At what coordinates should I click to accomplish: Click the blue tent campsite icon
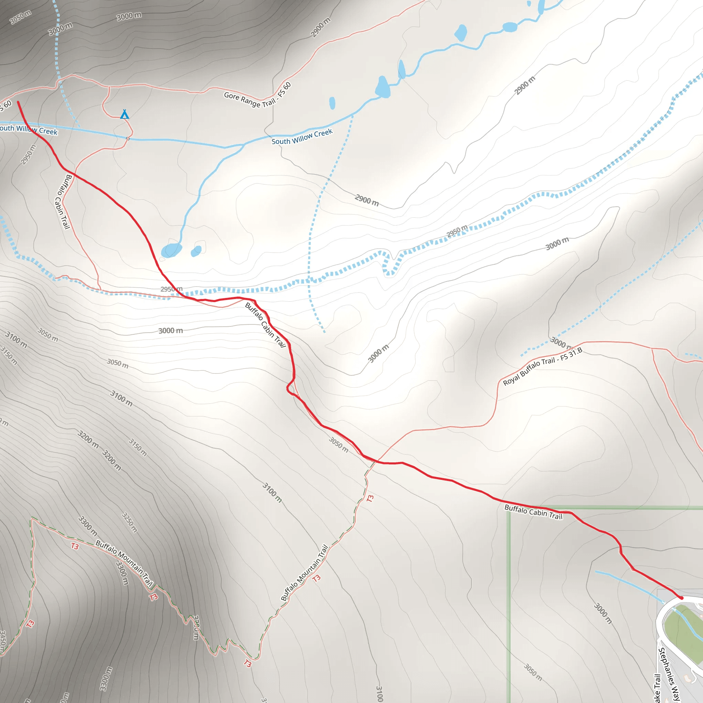click(x=125, y=114)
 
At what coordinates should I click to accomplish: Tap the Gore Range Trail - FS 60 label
click(x=257, y=95)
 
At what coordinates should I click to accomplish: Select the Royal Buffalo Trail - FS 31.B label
click(x=542, y=366)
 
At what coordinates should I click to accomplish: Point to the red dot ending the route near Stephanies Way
click(x=681, y=598)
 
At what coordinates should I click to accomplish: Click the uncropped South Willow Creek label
click(x=302, y=137)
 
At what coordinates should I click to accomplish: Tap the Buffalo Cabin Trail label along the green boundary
click(x=533, y=512)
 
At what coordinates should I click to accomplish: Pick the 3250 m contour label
click(x=129, y=522)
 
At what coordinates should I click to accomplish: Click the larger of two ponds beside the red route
click(x=171, y=250)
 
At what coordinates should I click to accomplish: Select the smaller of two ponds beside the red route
click(x=196, y=251)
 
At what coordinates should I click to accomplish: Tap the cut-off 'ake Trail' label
click(x=657, y=688)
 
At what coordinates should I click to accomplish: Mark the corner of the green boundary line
click(x=509, y=508)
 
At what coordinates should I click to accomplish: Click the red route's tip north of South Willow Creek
click(x=18, y=102)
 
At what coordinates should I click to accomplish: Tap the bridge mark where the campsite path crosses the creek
click(x=128, y=138)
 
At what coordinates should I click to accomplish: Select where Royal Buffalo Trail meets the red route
click(x=377, y=462)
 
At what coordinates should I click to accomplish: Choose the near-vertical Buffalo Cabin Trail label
click(x=63, y=201)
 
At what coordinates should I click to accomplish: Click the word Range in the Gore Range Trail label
click(x=250, y=101)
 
